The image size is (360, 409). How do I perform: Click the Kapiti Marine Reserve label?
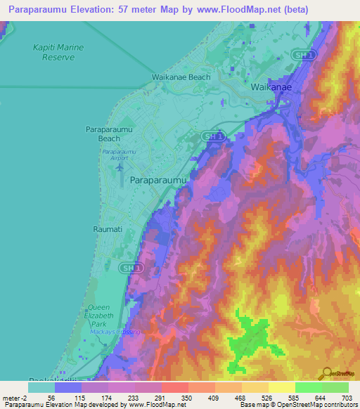tap(58, 52)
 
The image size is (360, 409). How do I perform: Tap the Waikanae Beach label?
tap(181, 77)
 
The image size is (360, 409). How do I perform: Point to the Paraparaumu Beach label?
tap(107, 134)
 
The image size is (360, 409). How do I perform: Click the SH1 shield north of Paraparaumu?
tap(210, 135)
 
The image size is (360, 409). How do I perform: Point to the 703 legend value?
tap(347, 397)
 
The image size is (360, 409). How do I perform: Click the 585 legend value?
tap(292, 397)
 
